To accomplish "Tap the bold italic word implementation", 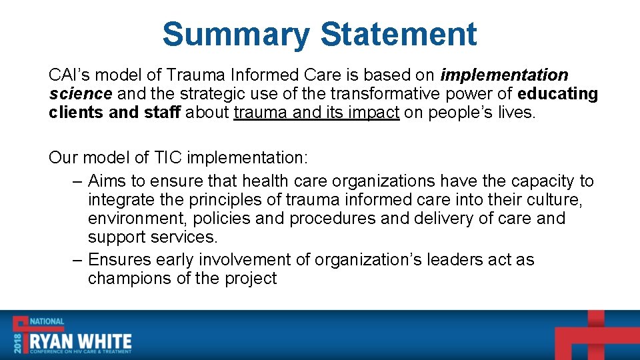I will coord(505,75).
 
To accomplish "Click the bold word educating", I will coord(557,94).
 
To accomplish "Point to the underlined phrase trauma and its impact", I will coord(317,113).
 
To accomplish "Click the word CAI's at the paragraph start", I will coord(72,75).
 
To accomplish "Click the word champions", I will coord(130,279).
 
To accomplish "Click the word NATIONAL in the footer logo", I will coord(47,321).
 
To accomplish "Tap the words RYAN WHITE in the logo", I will coord(81,341).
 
